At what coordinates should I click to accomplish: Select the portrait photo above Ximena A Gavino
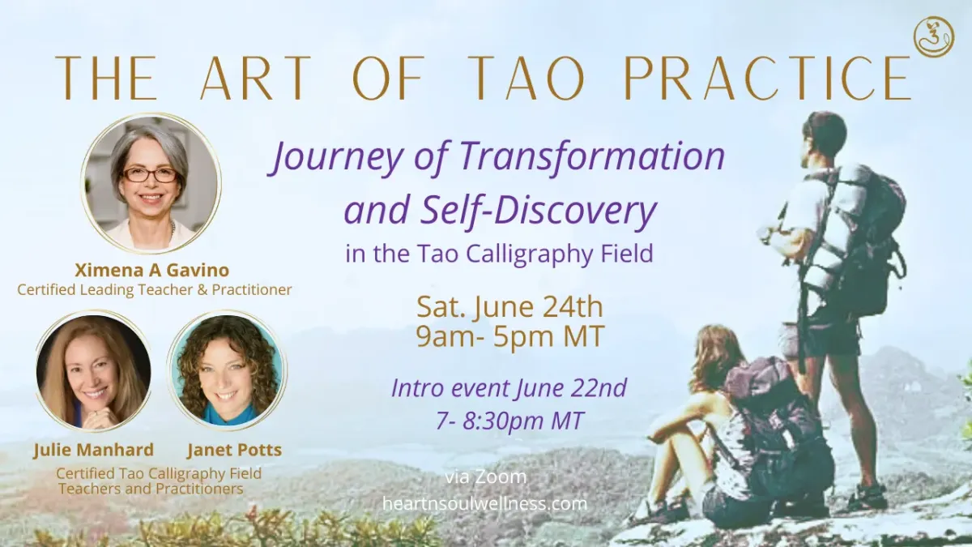click(151, 182)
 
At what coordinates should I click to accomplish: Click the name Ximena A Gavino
click(152, 270)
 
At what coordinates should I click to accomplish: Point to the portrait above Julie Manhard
click(93, 371)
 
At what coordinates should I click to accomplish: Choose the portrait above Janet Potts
click(227, 370)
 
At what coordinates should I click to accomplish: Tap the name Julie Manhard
click(94, 450)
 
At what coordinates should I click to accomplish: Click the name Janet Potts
click(234, 450)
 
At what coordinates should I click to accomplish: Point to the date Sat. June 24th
click(509, 306)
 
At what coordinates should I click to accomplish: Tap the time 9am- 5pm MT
click(510, 335)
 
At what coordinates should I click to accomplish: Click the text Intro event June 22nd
click(509, 387)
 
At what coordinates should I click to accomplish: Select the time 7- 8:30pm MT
click(509, 421)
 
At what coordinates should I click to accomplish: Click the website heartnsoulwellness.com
click(484, 503)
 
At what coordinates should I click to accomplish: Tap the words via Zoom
click(485, 476)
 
